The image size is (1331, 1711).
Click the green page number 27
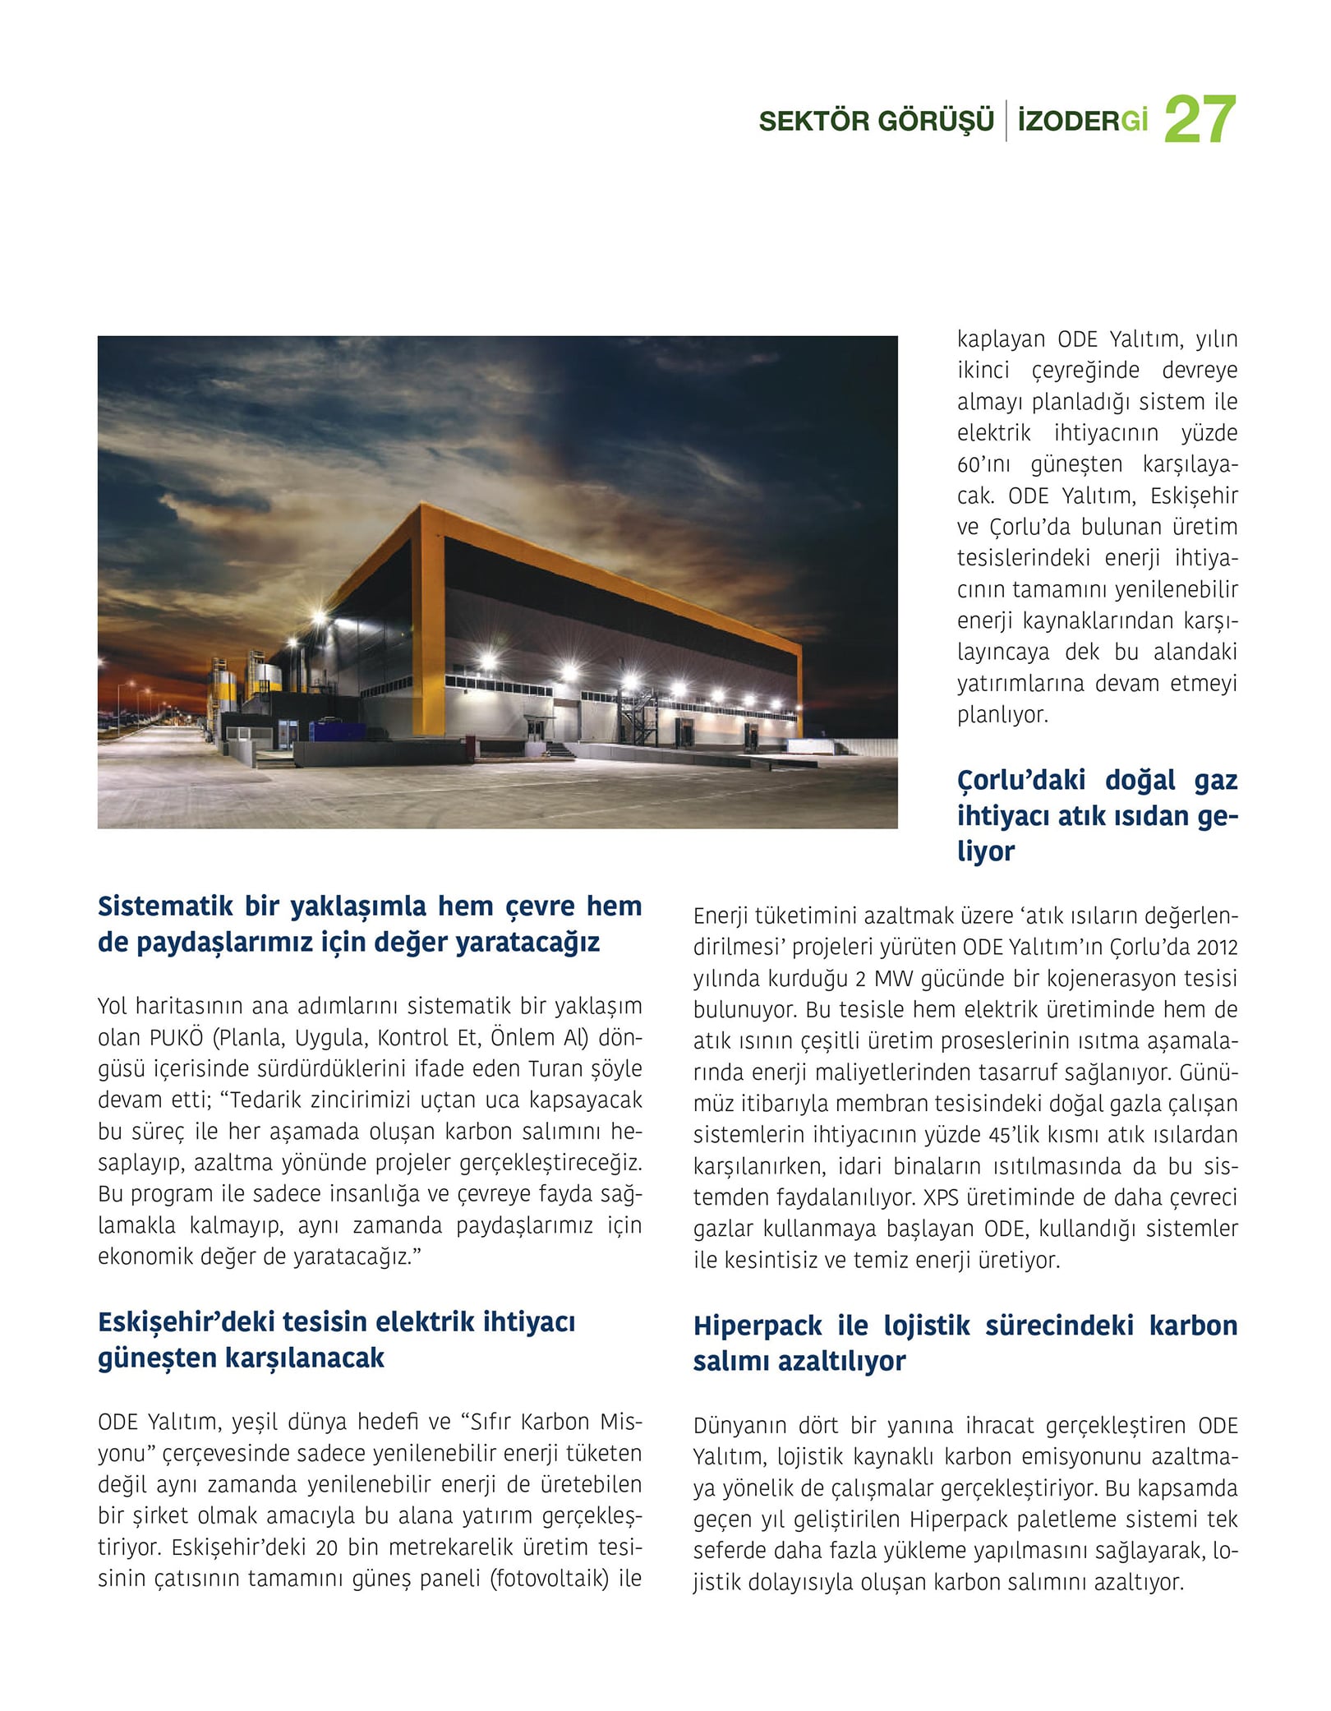click(x=1200, y=120)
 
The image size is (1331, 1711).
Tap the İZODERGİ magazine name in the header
click(x=1082, y=122)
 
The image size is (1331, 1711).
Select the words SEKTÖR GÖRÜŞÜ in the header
click(x=876, y=122)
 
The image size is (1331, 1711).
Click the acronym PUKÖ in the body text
click(x=176, y=1038)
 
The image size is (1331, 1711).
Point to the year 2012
click(x=1216, y=948)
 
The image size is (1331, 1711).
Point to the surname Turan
click(x=555, y=1069)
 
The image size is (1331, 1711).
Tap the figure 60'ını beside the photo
click(x=983, y=465)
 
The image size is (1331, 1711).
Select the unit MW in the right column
click(x=892, y=979)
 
